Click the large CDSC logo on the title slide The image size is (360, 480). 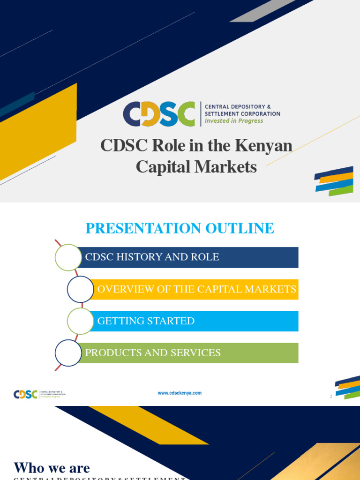(x=159, y=114)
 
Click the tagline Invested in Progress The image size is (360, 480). (x=234, y=121)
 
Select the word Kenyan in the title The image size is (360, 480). (x=266, y=146)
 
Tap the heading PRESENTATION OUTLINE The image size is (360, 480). (x=180, y=228)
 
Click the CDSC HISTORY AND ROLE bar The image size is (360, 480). (x=187, y=257)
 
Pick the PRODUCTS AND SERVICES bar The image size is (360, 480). (x=187, y=353)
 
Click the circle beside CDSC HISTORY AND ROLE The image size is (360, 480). (x=68, y=257)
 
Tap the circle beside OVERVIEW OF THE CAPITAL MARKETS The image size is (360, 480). (x=81, y=289)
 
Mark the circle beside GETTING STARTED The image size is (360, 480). (x=81, y=321)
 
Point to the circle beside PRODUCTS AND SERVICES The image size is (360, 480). (x=68, y=353)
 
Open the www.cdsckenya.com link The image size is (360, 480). (x=180, y=393)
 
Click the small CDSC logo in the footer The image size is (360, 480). (x=26, y=394)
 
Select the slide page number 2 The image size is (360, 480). (x=330, y=397)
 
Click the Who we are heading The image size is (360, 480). (x=52, y=467)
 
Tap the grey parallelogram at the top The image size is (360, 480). (x=262, y=11)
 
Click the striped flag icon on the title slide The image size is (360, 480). (x=334, y=181)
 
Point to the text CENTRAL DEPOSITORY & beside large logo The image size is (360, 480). (x=238, y=107)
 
